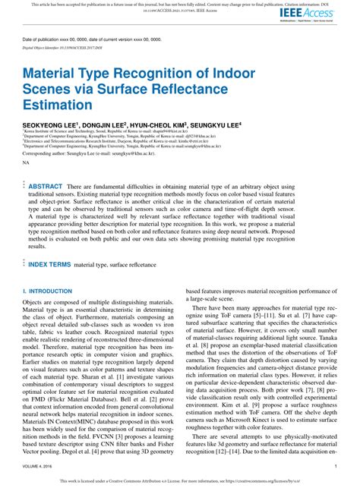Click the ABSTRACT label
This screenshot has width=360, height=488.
[x=45, y=186]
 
